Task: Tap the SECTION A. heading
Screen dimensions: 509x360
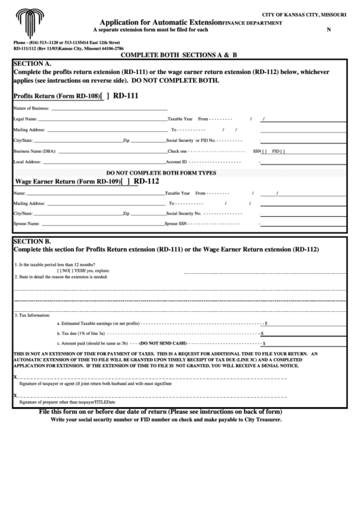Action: pos(33,63)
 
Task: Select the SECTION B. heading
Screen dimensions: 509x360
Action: pos(33,241)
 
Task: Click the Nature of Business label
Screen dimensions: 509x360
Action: pos(31,108)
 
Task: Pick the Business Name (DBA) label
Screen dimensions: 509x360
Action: pos(35,151)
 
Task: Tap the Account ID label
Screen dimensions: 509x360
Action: pos(177,162)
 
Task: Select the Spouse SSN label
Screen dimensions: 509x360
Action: pos(177,223)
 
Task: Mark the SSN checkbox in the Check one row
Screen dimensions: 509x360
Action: pos(264,151)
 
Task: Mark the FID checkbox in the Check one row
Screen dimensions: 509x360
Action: pos(283,151)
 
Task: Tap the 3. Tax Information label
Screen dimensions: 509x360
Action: pos(33,315)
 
